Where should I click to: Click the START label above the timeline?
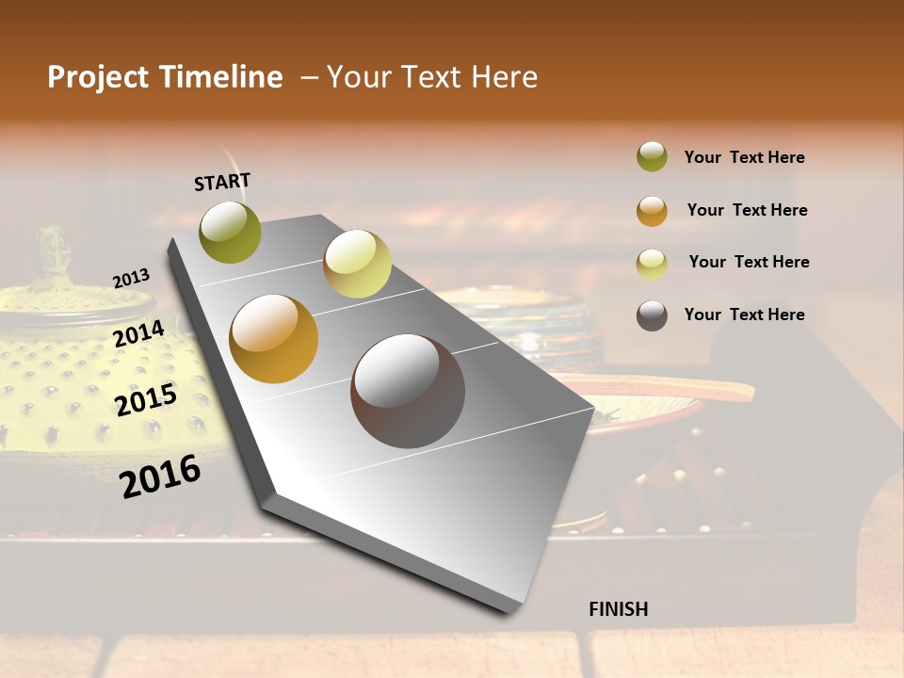222,182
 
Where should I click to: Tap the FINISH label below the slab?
618,609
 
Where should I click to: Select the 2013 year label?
131,278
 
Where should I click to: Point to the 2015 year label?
146,400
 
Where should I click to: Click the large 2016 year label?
161,476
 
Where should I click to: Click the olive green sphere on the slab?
231,232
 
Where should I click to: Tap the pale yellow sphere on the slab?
357,264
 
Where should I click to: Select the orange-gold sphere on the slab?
274,339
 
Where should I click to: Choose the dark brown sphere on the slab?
408,391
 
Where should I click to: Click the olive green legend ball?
652,156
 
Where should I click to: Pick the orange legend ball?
652,211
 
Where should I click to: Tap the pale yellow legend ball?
652,264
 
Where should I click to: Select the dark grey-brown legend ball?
652,315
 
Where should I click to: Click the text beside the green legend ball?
744,157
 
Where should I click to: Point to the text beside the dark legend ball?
744,315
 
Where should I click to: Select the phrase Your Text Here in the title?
432,77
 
